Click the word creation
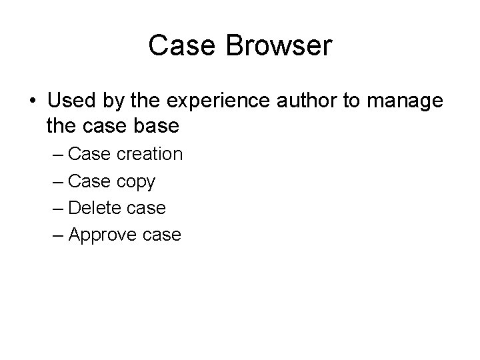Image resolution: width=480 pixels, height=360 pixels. (149, 155)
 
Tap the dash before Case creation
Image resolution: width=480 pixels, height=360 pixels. (57, 155)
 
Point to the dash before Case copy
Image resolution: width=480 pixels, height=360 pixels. (57, 181)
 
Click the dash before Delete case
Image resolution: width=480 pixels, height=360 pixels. (57, 208)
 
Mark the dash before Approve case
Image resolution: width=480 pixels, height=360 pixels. (57, 235)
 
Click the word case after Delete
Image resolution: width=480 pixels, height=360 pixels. (147, 208)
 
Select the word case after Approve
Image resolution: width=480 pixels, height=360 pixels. (162, 235)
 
